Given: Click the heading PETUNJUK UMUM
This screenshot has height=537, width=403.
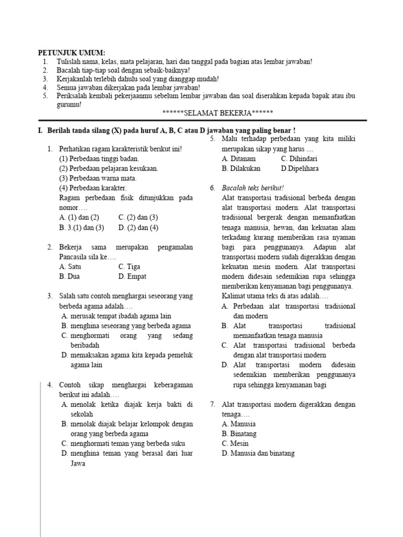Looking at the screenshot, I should (71, 53).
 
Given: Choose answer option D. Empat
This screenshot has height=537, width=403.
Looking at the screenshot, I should (132, 276).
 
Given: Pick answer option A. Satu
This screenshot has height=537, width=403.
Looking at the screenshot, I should (70, 266).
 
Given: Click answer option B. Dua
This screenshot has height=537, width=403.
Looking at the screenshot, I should (70, 276).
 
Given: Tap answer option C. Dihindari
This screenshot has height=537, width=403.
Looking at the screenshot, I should (299, 158).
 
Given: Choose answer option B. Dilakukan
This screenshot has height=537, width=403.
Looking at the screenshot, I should (241, 168).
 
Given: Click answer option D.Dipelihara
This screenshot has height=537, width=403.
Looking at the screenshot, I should (300, 168).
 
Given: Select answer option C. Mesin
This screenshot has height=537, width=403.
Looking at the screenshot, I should (235, 444).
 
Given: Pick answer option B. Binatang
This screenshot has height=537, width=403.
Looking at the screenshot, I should (239, 434).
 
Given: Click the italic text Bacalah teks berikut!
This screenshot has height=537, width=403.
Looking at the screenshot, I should (253, 188).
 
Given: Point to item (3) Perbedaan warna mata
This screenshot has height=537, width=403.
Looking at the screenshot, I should (94, 178).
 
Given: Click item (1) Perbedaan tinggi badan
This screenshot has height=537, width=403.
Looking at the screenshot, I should (99, 158).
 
